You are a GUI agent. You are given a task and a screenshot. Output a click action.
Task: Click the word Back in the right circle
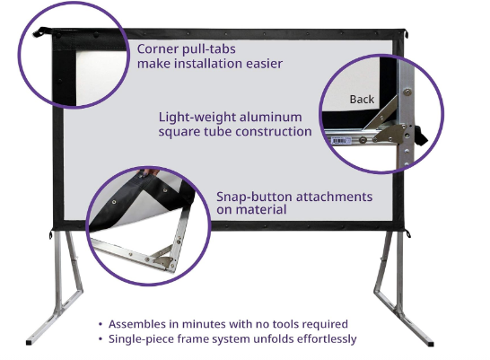363,100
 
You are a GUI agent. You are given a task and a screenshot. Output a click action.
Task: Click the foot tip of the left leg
35,342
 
